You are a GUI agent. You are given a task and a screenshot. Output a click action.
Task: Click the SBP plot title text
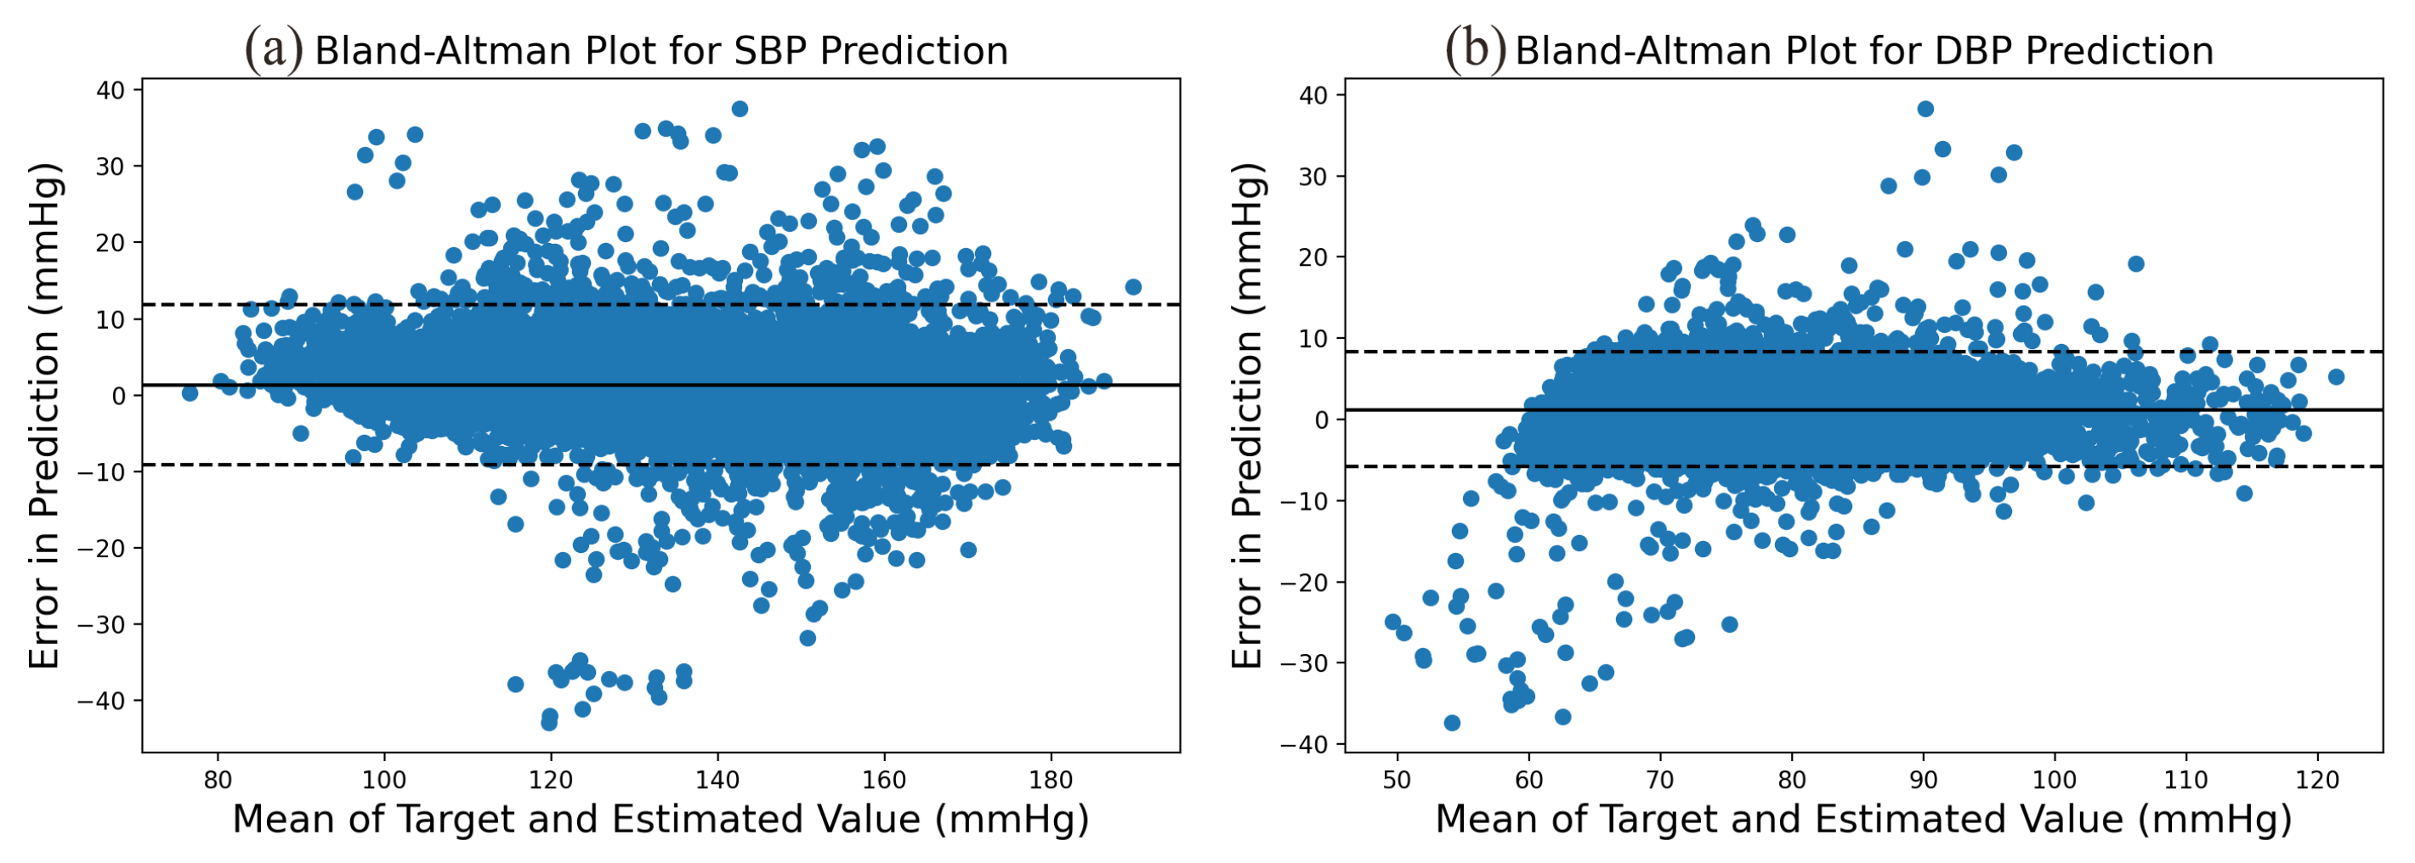661,51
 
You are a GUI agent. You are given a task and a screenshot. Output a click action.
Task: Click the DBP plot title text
1864,51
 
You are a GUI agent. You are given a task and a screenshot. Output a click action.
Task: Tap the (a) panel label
274,48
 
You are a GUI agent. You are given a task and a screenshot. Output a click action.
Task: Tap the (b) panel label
1475,48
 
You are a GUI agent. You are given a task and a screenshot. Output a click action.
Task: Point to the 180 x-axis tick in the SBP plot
1051,780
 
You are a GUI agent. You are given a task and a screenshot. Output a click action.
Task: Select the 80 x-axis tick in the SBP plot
218,780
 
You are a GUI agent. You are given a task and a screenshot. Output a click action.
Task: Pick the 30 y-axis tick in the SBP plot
110,166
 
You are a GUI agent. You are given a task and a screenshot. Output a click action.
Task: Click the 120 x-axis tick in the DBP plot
2317,780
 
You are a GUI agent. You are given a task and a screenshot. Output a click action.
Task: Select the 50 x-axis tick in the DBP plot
1397,780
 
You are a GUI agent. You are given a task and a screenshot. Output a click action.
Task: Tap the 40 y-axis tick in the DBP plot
1313,96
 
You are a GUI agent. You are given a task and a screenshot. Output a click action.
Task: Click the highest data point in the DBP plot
1925,109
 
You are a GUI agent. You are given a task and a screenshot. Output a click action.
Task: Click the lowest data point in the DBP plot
1451,723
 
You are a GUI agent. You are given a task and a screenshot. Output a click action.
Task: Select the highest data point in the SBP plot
739,109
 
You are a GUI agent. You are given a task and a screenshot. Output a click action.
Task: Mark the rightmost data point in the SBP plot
1132,287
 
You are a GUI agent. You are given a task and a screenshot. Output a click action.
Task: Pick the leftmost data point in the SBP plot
190,392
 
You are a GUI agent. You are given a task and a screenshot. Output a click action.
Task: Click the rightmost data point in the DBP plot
2335,376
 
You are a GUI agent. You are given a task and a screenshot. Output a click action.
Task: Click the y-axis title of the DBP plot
1247,416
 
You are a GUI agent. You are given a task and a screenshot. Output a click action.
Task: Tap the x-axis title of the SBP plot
661,819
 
